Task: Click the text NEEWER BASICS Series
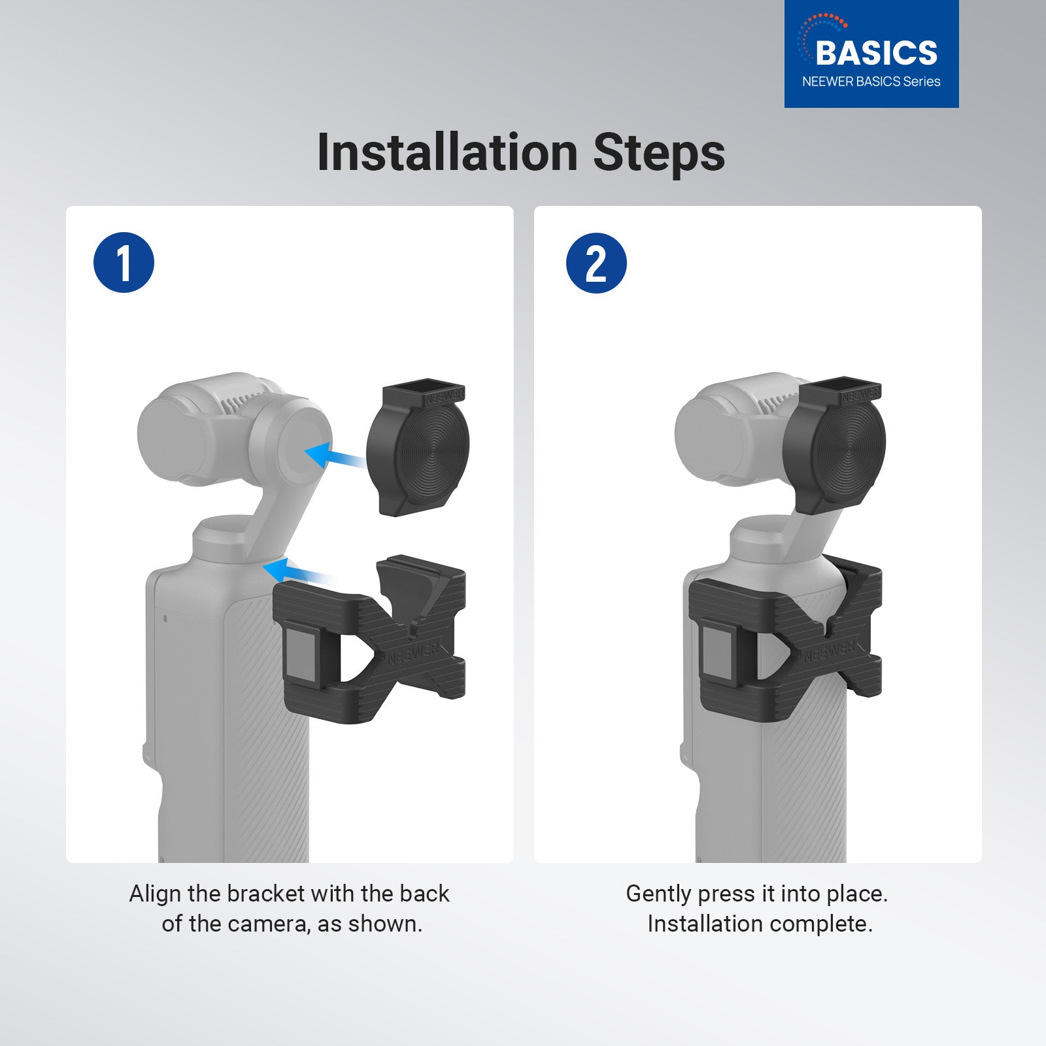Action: click(x=871, y=82)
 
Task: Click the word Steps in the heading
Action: click(x=659, y=153)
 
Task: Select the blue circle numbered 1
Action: click(x=124, y=263)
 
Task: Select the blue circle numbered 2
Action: click(x=596, y=263)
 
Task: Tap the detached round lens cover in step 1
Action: click(x=418, y=451)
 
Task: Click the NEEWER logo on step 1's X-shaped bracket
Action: click(x=412, y=654)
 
